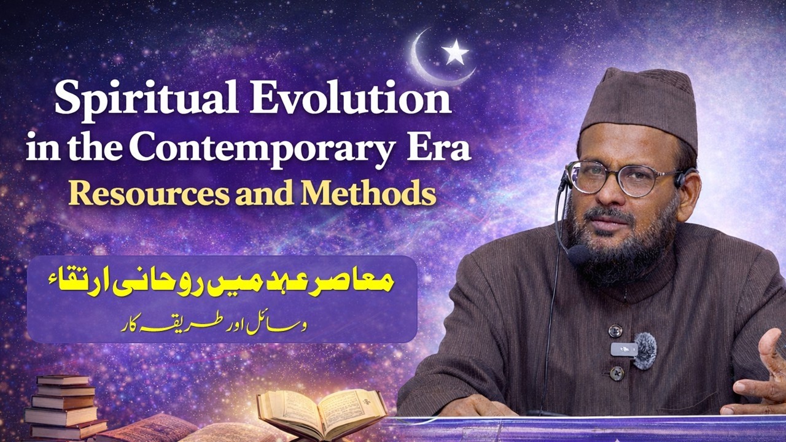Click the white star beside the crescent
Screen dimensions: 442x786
point(455,53)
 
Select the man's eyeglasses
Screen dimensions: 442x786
point(620,178)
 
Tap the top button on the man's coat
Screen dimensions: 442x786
point(615,330)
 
